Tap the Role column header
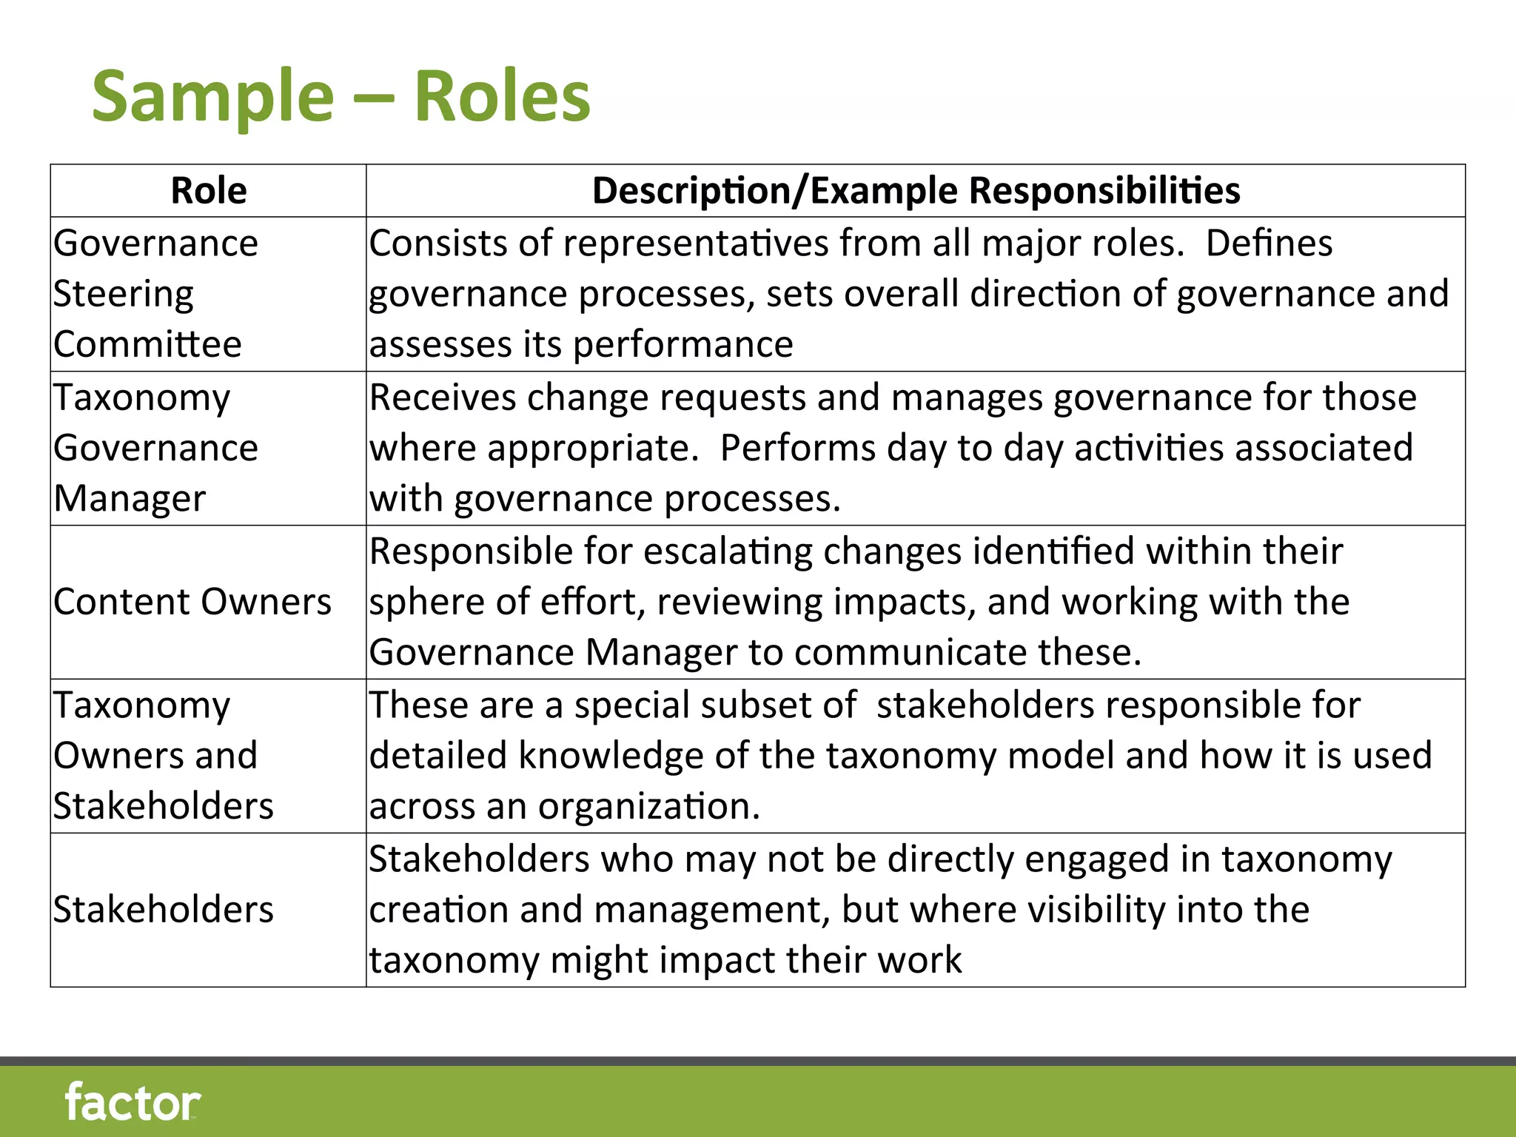(x=209, y=191)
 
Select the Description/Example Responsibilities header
(x=916, y=191)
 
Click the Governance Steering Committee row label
(x=155, y=294)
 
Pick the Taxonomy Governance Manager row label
(x=155, y=448)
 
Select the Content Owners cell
(x=192, y=602)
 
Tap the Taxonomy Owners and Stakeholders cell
(x=163, y=756)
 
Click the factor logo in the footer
(x=133, y=1102)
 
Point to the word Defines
(x=1269, y=244)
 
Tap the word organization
(x=649, y=807)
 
